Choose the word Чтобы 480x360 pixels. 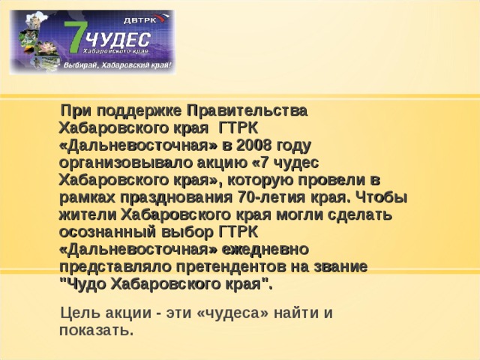pyautogui.click(x=379, y=198)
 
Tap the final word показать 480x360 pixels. pyautogui.click(x=95, y=330)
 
